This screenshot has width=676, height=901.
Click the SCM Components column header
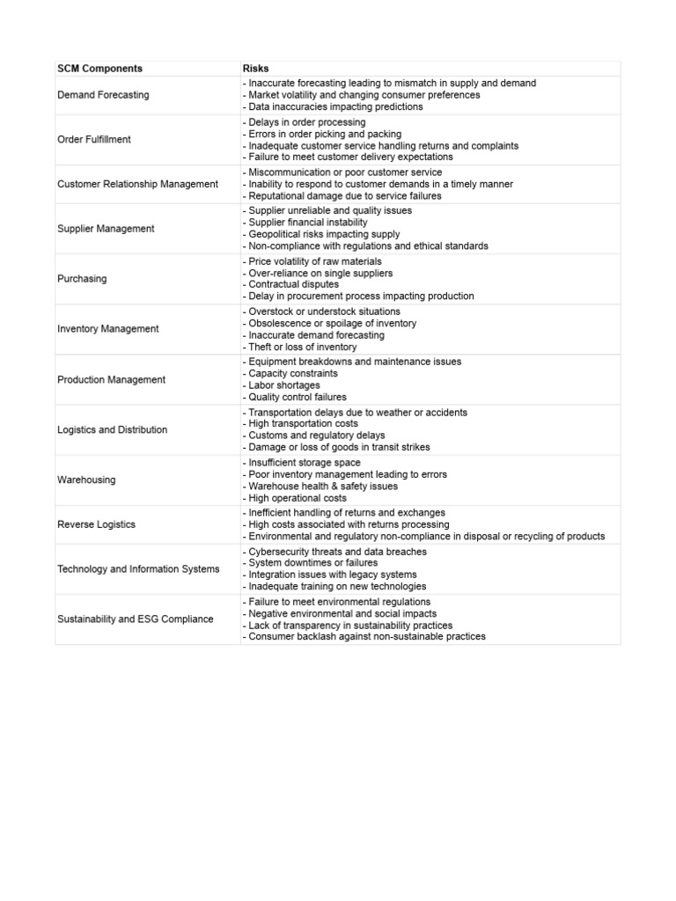point(99,69)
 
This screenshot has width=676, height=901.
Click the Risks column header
point(255,69)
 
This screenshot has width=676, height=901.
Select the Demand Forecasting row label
point(103,95)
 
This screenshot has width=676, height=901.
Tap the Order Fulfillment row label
point(94,139)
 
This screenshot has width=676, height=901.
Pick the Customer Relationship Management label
point(137,184)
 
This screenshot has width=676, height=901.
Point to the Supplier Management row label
point(106,229)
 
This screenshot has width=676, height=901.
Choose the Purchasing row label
point(82,279)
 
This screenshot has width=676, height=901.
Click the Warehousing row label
point(86,480)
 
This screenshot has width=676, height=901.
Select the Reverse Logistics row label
point(97,524)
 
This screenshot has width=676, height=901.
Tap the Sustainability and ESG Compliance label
point(136,619)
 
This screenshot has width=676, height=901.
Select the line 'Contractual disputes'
point(291,285)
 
